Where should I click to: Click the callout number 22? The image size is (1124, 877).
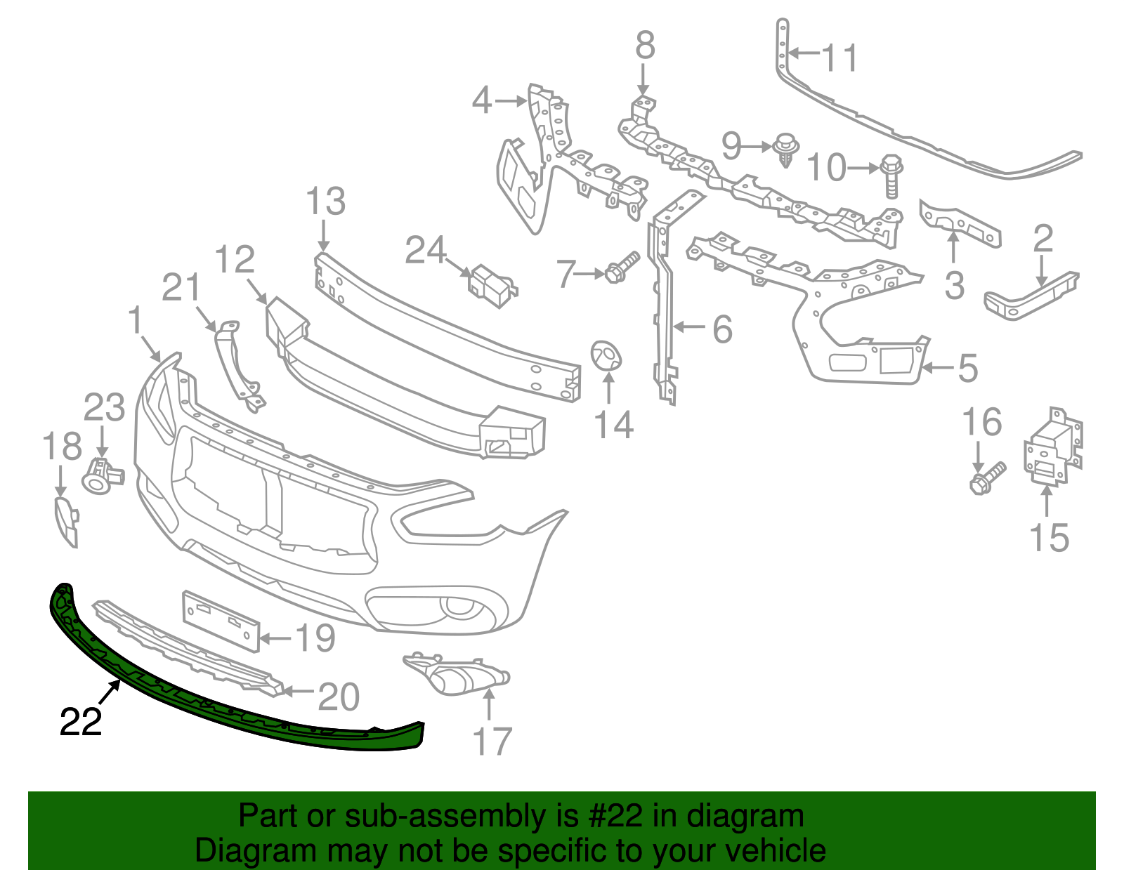click(x=81, y=722)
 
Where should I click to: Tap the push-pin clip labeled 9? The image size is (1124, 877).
click(x=785, y=150)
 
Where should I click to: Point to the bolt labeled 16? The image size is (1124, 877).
click(x=987, y=479)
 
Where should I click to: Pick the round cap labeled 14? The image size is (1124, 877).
click(x=606, y=355)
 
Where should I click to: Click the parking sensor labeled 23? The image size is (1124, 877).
click(x=102, y=474)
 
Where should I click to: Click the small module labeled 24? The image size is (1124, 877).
click(x=492, y=286)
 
